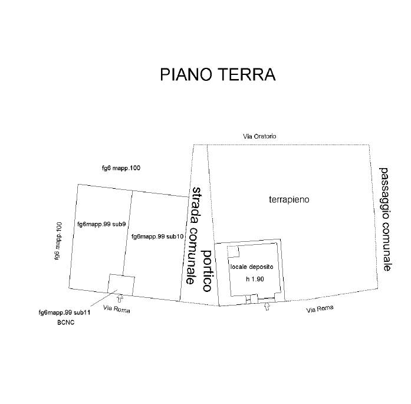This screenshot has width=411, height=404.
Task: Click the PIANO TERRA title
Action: coord(218,75)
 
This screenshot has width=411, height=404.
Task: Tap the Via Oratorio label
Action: coord(259,136)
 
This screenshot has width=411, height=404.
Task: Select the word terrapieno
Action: coord(289,200)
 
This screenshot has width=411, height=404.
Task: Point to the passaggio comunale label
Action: coord(385,219)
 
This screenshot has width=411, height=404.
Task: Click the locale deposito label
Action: coord(252,267)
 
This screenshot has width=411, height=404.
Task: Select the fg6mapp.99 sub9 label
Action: coord(101,224)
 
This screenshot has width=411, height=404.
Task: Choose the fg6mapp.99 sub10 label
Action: coord(158,237)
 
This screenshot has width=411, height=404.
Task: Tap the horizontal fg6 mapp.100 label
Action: coord(121,168)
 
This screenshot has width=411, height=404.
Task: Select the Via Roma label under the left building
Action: coord(116,310)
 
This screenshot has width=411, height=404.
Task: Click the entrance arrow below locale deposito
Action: coord(267,307)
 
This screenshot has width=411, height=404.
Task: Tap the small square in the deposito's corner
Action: coord(234,251)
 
